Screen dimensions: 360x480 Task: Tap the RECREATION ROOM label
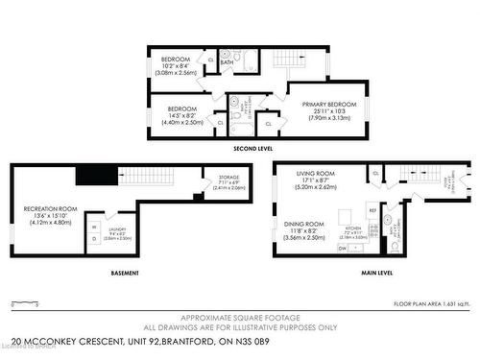[50, 208]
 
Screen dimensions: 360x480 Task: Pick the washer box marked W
[93, 228]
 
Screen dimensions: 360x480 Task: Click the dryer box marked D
[93, 240]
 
